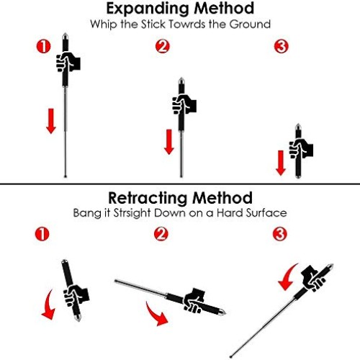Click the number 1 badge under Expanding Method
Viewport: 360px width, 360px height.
coord(43,47)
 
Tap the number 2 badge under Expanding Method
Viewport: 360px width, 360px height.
coord(162,47)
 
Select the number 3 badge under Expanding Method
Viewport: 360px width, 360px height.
coord(282,47)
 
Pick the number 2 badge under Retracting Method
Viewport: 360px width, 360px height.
coord(162,234)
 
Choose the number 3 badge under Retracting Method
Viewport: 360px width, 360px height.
coord(282,234)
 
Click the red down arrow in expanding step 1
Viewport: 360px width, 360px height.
coord(50,120)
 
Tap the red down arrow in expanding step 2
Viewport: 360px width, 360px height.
coord(169,140)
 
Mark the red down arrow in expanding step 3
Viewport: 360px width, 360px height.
coord(281,162)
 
